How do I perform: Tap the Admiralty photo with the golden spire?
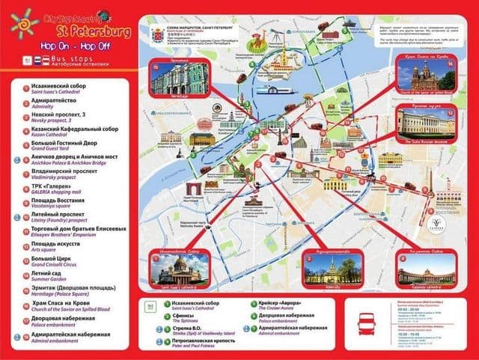click(x=329, y=270)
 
